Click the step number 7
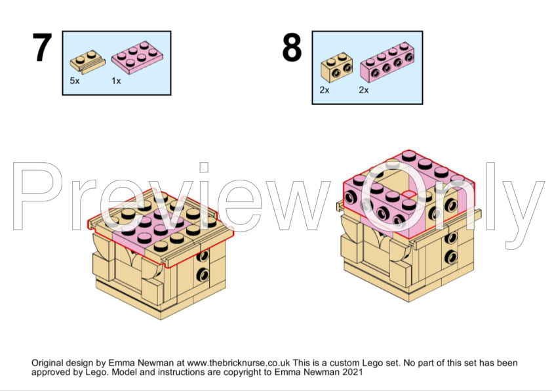coord(42,47)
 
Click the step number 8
coord(292,47)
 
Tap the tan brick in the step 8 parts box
coord(337,68)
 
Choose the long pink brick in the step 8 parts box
coord(387,62)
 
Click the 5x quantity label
coord(75,81)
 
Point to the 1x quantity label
coord(116,81)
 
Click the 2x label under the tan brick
coord(325,90)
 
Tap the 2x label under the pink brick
coord(364,90)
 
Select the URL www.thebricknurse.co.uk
coord(239,363)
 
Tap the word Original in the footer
coord(47,363)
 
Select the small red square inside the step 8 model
coord(408,194)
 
